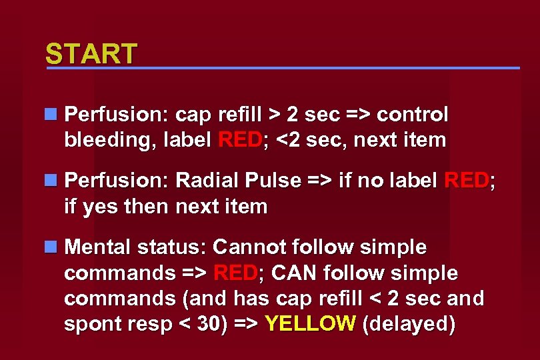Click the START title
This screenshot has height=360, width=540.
[x=91, y=54]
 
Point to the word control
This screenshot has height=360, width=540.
[x=413, y=115]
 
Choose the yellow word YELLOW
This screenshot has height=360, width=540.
[x=310, y=324]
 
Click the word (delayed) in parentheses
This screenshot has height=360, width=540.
[x=408, y=324]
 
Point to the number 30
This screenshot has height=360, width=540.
[x=211, y=324]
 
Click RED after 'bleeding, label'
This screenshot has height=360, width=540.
[x=239, y=141]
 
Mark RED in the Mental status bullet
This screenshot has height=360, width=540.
[x=235, y=273]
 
